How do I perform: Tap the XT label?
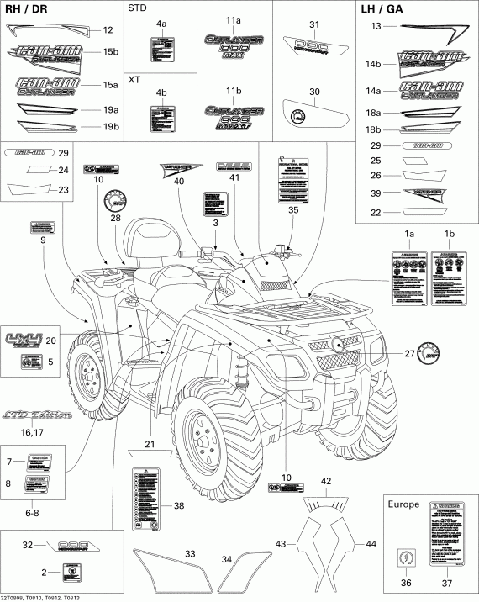coord(134,80)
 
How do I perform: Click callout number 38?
coord(178,505)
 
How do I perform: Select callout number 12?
coord(107,30)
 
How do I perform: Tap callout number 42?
coord(326,481)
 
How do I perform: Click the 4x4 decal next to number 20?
coord(22,341)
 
